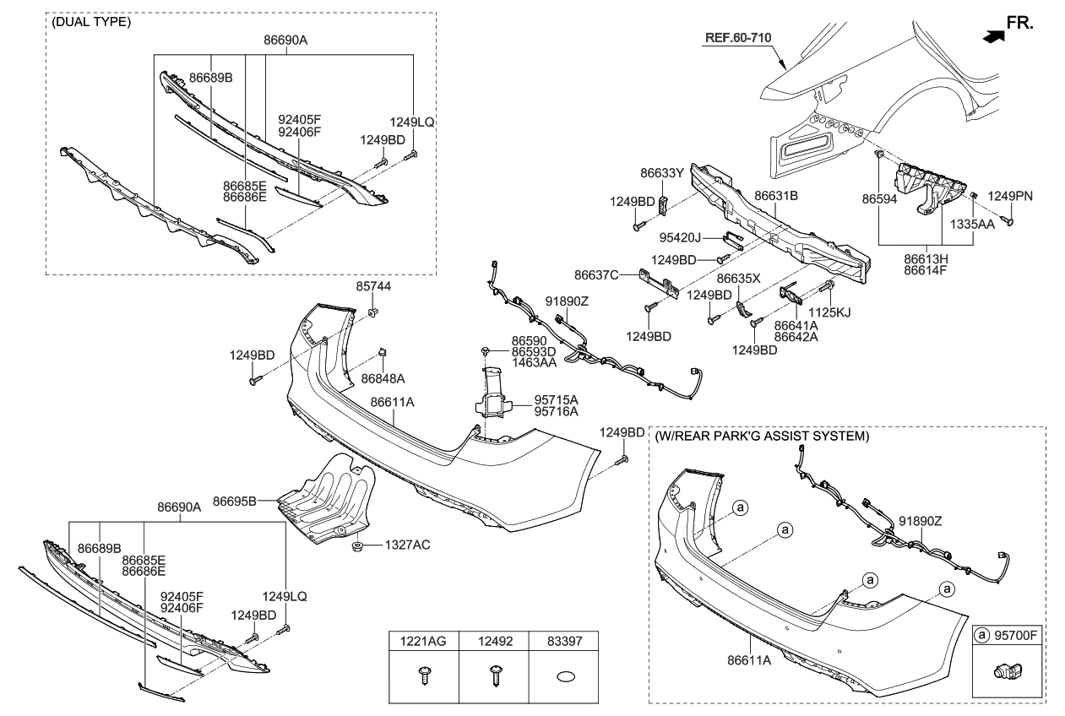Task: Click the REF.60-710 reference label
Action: (x=737, y=37)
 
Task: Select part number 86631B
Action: (x=776, y=196)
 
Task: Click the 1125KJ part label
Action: (x=831, y=312)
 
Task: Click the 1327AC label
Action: (x=408, y=545)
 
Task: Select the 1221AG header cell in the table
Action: (x=423, y=642)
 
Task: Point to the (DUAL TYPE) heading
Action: (x=91, y=23)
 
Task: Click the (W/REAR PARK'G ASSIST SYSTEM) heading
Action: (x=761, y=437)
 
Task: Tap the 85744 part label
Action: (x=373, y=287)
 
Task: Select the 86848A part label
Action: (x=383, y=379)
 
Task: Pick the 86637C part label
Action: (x=596, y=274)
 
